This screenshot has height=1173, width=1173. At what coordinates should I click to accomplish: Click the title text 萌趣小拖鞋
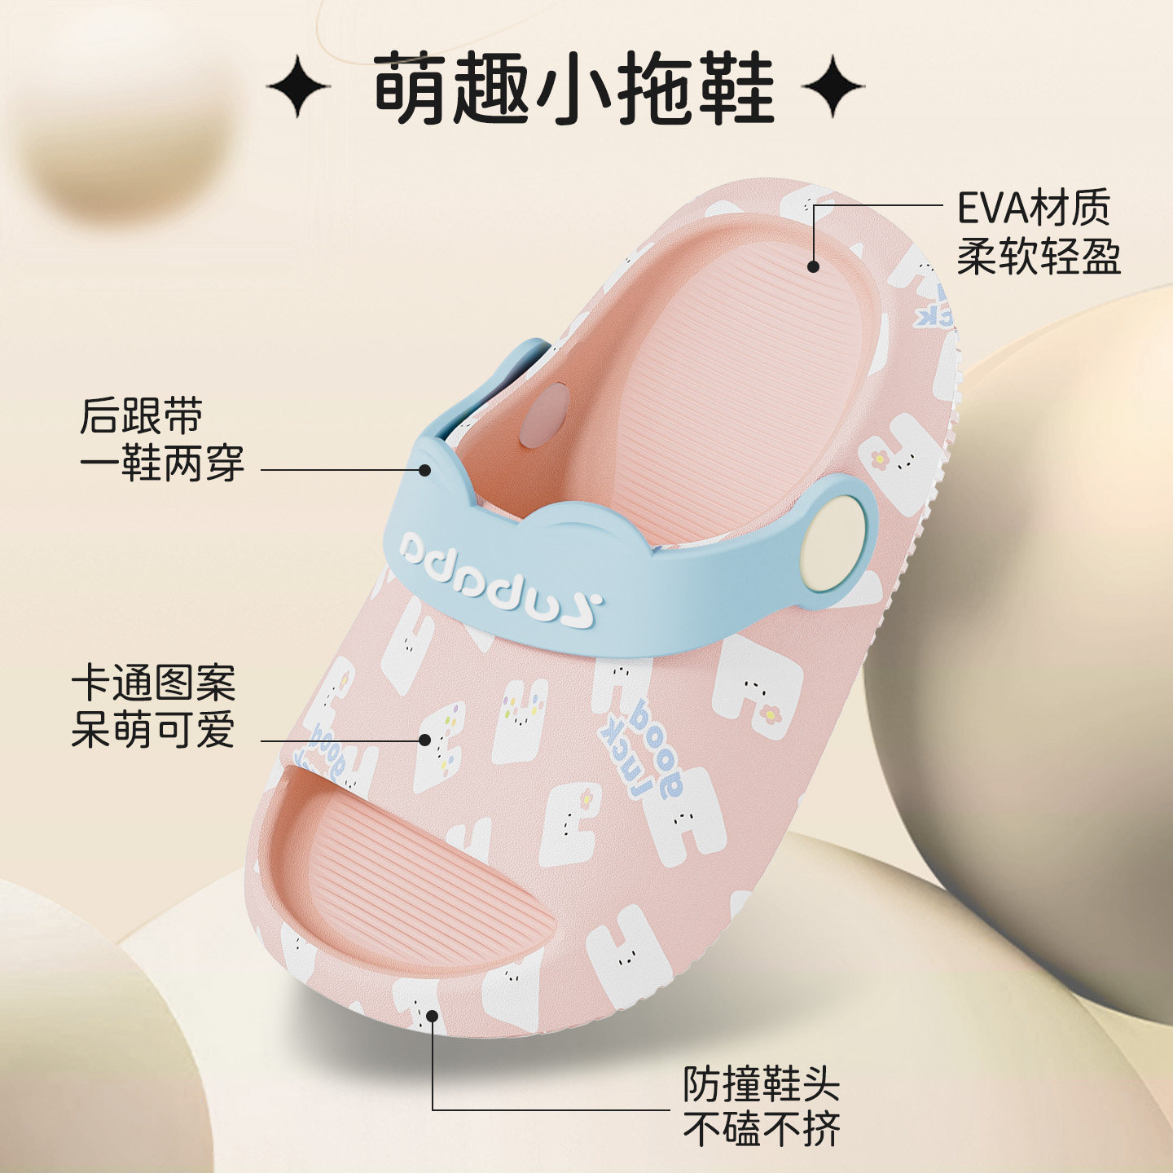573,88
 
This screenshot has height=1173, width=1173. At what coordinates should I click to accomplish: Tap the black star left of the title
298,86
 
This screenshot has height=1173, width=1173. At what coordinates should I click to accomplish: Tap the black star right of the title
832,86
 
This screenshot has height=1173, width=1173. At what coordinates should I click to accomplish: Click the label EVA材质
1033,209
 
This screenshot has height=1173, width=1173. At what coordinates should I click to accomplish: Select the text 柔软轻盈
1039,256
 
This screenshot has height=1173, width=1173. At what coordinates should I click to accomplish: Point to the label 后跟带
141,416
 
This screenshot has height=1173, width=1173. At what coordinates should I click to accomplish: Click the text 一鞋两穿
161,463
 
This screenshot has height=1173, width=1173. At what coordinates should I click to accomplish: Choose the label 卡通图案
153,683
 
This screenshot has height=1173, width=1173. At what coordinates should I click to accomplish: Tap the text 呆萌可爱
153,729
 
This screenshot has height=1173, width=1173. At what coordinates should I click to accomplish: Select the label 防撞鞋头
761,1083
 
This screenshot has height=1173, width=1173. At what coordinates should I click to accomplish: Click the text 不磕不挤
761,1130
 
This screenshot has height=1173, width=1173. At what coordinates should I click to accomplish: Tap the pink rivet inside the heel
544,415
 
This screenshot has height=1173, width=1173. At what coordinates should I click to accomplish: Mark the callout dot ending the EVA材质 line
813,266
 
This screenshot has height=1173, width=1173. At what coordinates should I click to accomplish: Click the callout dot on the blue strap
424,469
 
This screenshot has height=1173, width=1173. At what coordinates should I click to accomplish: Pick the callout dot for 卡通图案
424,740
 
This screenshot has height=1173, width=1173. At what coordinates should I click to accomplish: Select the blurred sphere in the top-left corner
122,130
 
